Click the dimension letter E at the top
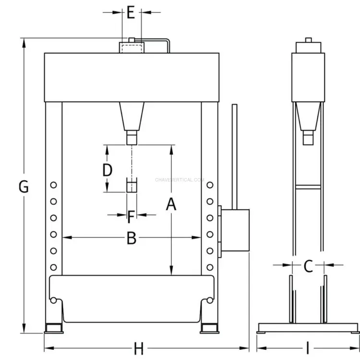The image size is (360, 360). [x=131, y=12]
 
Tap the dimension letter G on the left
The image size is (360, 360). [x=24, y=186]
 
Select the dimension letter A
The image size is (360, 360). [x=171, y=204]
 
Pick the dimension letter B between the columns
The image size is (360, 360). [x=132, y=238]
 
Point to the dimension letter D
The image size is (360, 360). [x=107, y=170]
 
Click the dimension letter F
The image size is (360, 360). [x=131, y=217]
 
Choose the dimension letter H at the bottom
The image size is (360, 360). [x=139, y=348]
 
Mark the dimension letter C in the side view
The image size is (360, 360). [x=308, y=266]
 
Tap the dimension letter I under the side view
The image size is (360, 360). [x=308, y=348]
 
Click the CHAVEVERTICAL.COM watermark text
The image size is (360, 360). [x=180, y=180]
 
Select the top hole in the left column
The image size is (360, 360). [x=53, y=185]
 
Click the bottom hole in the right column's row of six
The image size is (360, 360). [x=210, y=267]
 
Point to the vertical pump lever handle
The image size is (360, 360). [x=234, y=157]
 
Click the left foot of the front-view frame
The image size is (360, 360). [x=54, y=328]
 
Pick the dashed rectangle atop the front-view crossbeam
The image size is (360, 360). [x=132, y=48]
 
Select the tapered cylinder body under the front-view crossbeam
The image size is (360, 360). [x=132, y=117]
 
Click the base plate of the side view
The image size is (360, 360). [x=308, y=328]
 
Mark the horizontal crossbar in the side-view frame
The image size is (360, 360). [x=308, y=187]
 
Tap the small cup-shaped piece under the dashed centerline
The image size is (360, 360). [x=132, y=185]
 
